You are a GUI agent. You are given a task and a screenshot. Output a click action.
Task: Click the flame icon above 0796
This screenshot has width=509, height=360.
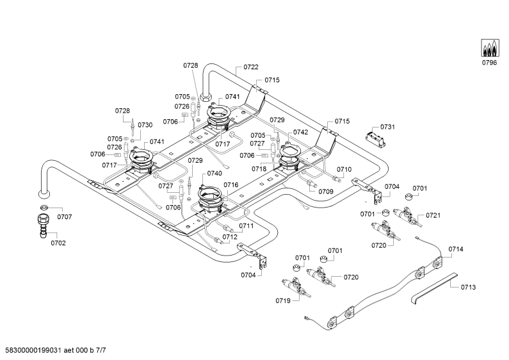pyautogui.click(x=490, y=48)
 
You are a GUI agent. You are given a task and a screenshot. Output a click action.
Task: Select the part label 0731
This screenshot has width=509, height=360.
pyautogui.click(x=387, y=127)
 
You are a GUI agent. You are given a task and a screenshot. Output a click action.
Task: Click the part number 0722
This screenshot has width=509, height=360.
pyautogui.click(x=251, y=67)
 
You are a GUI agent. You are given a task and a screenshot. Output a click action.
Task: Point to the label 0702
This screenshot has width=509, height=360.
pyautogui.click(x=58, y=243)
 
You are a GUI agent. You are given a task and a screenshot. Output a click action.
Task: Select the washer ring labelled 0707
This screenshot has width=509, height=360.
pyautogui.click(x=44, y=208)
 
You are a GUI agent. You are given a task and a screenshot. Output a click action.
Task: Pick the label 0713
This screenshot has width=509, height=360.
pyautogui.click(x=468, y=287)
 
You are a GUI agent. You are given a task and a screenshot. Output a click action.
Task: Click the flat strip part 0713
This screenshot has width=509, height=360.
pyautogui.click(x=434, y=288)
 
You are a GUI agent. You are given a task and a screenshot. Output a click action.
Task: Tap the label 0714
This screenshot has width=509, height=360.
pyautogui.click(x=456, y=249)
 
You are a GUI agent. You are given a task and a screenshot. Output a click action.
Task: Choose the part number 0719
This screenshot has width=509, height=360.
pyautogui.click(x=283, y=301)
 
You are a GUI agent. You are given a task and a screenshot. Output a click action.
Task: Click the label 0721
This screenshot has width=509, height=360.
pyautogui.click(x=433, y=215)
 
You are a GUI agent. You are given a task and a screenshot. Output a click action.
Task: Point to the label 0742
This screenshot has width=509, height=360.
pyautogui.click(x=300, y=132)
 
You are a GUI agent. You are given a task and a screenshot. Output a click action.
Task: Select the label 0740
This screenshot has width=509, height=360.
pyautogui.click(x=214, y=173)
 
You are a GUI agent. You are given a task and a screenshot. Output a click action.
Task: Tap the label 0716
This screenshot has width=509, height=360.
pyautogui.click(x=230, y=185)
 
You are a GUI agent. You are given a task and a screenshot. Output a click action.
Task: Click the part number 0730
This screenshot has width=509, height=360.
pyautogui.click(x=145, y=125)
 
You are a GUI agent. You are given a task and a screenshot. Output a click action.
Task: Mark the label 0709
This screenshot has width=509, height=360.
pyautogui.click(x=326, y=192)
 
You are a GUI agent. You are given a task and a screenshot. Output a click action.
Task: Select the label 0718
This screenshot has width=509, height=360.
pyautogui.click(x=259, y=169)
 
